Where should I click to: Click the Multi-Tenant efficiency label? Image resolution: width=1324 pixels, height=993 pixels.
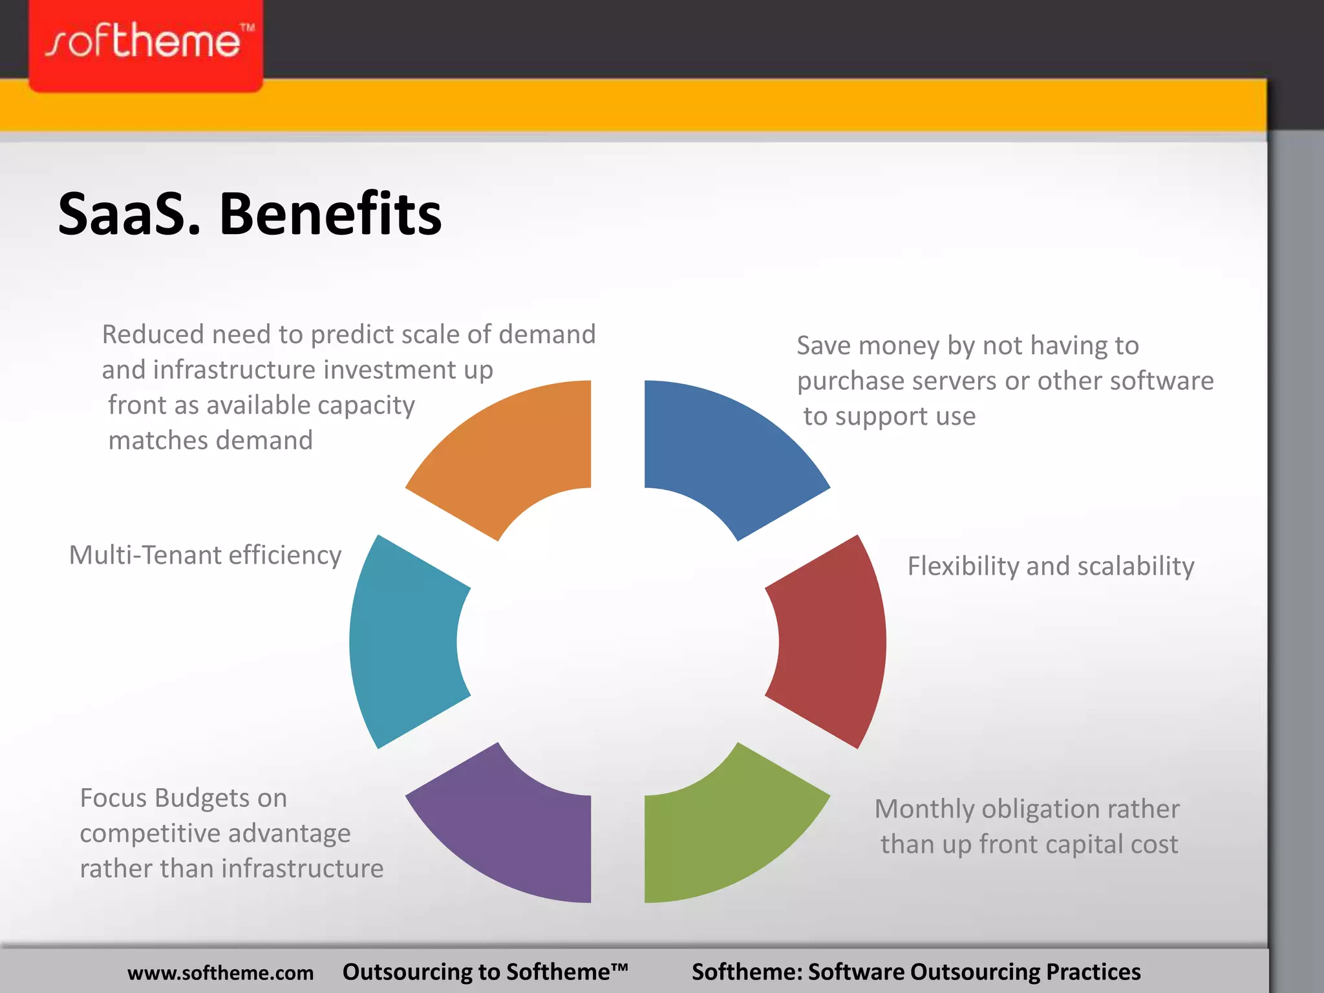205,555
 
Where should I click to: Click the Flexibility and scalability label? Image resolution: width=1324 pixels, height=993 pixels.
1051,566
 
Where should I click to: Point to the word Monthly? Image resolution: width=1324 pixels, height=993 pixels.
924,809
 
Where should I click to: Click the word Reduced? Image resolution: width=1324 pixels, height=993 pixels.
153,335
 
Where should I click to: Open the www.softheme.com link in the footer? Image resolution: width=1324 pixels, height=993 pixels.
220,973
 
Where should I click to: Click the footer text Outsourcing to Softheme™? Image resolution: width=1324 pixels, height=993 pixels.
485,972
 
